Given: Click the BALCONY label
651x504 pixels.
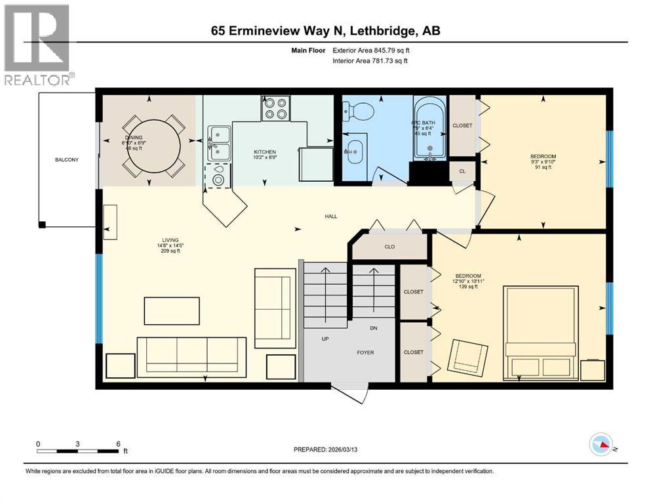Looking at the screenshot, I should (68, 159).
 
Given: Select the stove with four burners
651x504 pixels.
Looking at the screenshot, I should (276, 108).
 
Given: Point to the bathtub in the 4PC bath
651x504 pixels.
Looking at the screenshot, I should (429, 128).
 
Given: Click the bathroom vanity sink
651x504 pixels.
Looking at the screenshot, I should (354, 152).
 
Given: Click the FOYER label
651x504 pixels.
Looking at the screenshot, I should (365, 352).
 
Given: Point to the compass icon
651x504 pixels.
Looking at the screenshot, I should (601, 444).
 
